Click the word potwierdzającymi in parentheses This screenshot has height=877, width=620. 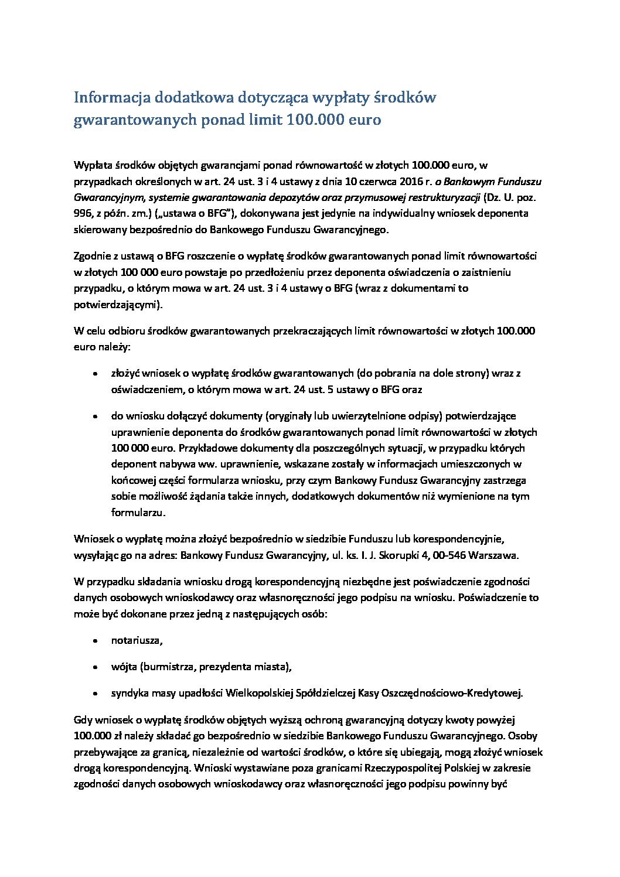pos(118,305)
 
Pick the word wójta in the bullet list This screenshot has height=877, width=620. pos(123,667)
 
